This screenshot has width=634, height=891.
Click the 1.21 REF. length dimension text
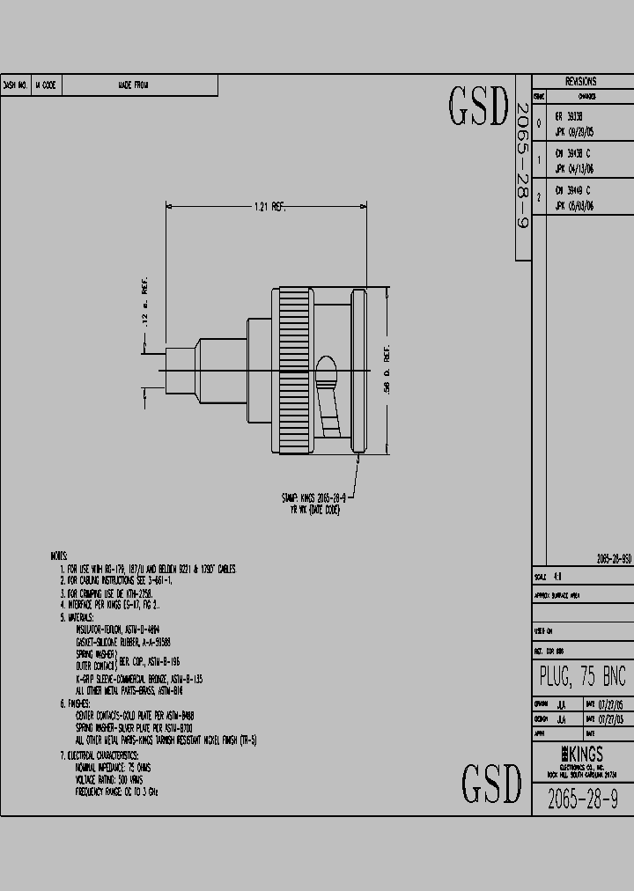(x=269, y=207)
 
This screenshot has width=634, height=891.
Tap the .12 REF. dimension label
(x=144, y=308)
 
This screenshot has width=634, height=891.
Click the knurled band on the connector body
(x=294, y=370)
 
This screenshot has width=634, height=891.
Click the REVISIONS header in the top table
(x=580, y=81)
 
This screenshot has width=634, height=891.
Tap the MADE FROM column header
(x=133, y=85)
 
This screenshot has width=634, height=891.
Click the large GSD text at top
(x=479, y=107)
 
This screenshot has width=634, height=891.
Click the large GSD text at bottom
(x=491, y=783)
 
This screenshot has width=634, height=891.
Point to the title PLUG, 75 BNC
(x=582, y=676)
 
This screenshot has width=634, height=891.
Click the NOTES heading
(x=59, y=556)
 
